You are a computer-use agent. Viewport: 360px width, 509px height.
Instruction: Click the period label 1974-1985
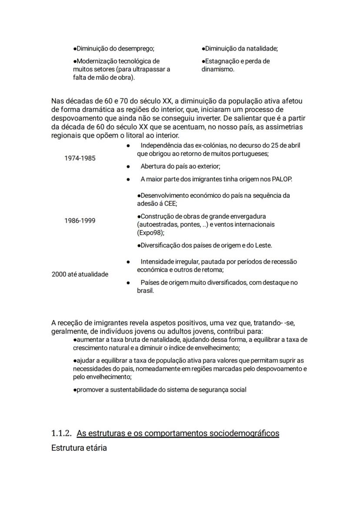coord(80,158)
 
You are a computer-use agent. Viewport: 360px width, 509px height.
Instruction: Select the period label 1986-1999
coord(80,220)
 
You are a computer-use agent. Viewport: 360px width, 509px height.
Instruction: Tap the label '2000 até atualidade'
coord(80,274)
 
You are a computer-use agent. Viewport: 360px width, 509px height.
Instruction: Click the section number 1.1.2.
coord(61,433)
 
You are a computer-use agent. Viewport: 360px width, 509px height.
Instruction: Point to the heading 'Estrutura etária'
coord(79,447)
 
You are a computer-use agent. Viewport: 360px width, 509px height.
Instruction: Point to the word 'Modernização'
coord(96,61)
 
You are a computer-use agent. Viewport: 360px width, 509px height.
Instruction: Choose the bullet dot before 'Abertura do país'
coord(128,166)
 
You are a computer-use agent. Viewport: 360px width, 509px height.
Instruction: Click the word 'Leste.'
coord(262,245)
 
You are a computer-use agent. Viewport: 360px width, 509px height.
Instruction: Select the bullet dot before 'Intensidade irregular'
coord(128,262)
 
